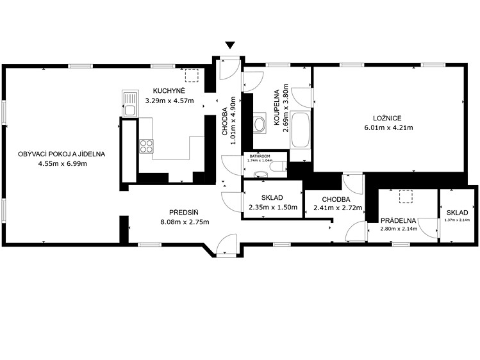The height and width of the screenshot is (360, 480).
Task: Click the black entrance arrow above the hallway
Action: [230, 45]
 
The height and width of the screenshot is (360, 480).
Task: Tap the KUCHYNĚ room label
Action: [169, 91]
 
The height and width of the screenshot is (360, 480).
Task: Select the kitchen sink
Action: [130, 103]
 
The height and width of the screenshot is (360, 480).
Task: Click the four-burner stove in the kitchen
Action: [146, 146]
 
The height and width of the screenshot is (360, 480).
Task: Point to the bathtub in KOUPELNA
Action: [301, 131]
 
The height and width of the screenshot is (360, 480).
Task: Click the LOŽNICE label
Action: [387, 118]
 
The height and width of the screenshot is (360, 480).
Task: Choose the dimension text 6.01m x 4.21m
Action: [388, 127]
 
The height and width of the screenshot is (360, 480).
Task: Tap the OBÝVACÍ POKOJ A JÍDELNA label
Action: [62, 154]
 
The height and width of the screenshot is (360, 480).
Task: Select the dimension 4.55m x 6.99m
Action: [62, 163]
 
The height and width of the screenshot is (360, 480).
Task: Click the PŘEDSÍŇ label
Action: [184, 212]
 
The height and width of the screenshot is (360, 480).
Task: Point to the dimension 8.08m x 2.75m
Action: [185, 222]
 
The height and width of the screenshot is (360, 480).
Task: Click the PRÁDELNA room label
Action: [398, 220]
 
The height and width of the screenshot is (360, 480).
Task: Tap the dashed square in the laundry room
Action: [406, 197]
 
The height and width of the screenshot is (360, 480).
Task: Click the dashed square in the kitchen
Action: [192, 76]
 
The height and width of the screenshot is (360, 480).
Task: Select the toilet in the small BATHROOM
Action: [277, 167]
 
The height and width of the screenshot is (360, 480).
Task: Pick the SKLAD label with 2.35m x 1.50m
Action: [272, 197]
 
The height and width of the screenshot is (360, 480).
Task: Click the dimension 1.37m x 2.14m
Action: [457, 220]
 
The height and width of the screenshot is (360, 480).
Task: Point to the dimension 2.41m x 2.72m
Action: [338, 208]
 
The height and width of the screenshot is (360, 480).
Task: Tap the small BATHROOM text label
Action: [260, 156]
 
